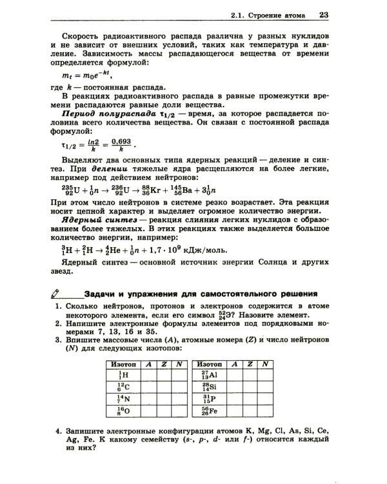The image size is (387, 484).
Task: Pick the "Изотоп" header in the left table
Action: click(124, 364)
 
